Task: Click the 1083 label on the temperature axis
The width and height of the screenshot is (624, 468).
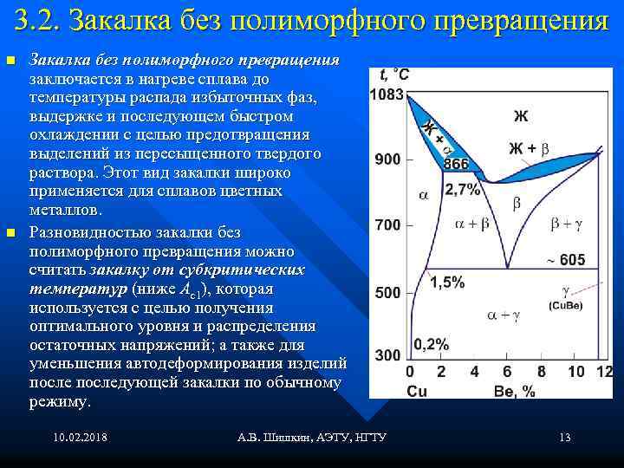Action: click(387, 94)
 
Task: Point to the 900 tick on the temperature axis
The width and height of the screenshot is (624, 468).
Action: click(387, 159)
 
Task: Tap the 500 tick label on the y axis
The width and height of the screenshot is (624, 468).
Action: click(387, 293)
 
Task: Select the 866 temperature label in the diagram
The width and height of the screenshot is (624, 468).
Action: click(456, 165)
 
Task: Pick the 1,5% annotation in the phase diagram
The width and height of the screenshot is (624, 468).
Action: click(447, 282)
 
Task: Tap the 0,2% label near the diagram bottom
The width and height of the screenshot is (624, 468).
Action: click(432, 344)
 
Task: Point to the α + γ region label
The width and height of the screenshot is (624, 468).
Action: click(503, 317)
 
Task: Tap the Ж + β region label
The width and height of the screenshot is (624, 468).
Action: click(528, 148)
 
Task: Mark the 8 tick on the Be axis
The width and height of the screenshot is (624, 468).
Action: click(541, 372)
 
